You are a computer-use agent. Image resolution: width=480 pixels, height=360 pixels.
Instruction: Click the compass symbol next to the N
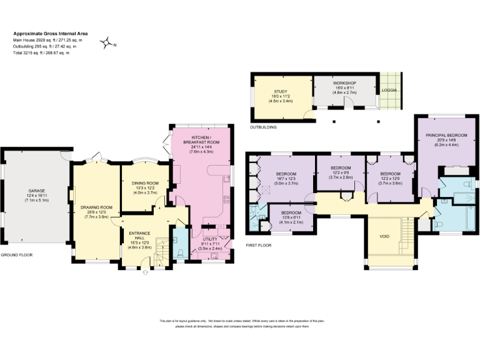[107, 42]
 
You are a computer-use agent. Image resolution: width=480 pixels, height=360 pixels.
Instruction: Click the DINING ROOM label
[144, 183]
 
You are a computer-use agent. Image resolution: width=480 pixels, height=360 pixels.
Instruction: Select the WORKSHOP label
[344, 82]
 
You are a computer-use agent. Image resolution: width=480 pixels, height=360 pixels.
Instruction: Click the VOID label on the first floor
[384, 237]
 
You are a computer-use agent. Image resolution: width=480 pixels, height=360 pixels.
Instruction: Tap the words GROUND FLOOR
[16, 256]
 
